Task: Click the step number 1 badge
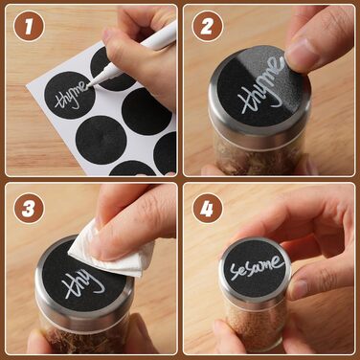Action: click(x=29, y=26)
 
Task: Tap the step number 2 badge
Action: click(x=208, y=26)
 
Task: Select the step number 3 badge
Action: click(x=29, y=208)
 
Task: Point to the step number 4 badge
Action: click(x=208, y=208)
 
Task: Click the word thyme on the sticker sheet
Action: click(x=71, y=96)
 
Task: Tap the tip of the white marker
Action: click(x=88, y=85)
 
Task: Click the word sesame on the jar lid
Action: click(x=257, y=267)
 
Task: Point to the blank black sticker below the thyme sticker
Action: click(x=101, y=140)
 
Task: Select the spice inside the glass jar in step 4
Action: click(x=256, y=324)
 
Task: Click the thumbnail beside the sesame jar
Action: click(x=300, y=288)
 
